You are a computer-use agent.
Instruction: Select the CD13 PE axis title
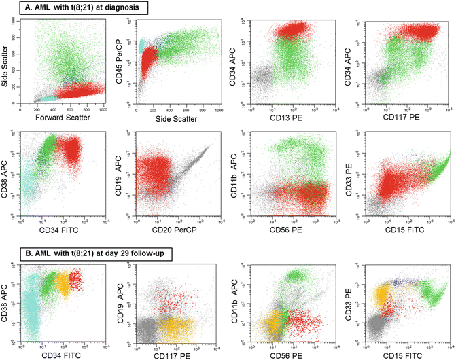coord(291,115)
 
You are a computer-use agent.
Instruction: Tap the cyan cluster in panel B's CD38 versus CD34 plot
coord(30,306)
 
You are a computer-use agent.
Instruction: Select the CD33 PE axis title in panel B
coord(351,298)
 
